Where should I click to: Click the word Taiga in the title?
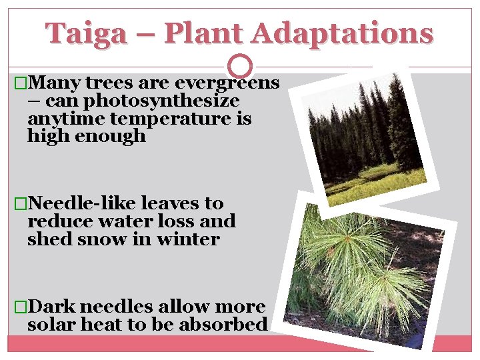point(86,33)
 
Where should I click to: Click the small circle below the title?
point(240,65)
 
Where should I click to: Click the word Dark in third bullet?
point(52,307)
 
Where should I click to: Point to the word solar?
point(51,325)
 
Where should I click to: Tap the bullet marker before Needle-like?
point(21,203)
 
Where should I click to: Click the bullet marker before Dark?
point(21,307)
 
